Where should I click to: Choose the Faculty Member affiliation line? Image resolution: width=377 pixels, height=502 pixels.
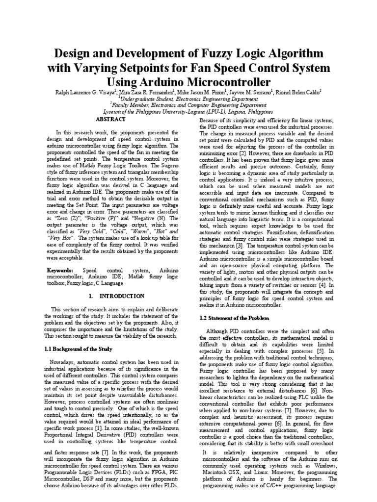[x=188, y=104]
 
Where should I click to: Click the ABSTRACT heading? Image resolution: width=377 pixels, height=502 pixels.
[x=110, y=119]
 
